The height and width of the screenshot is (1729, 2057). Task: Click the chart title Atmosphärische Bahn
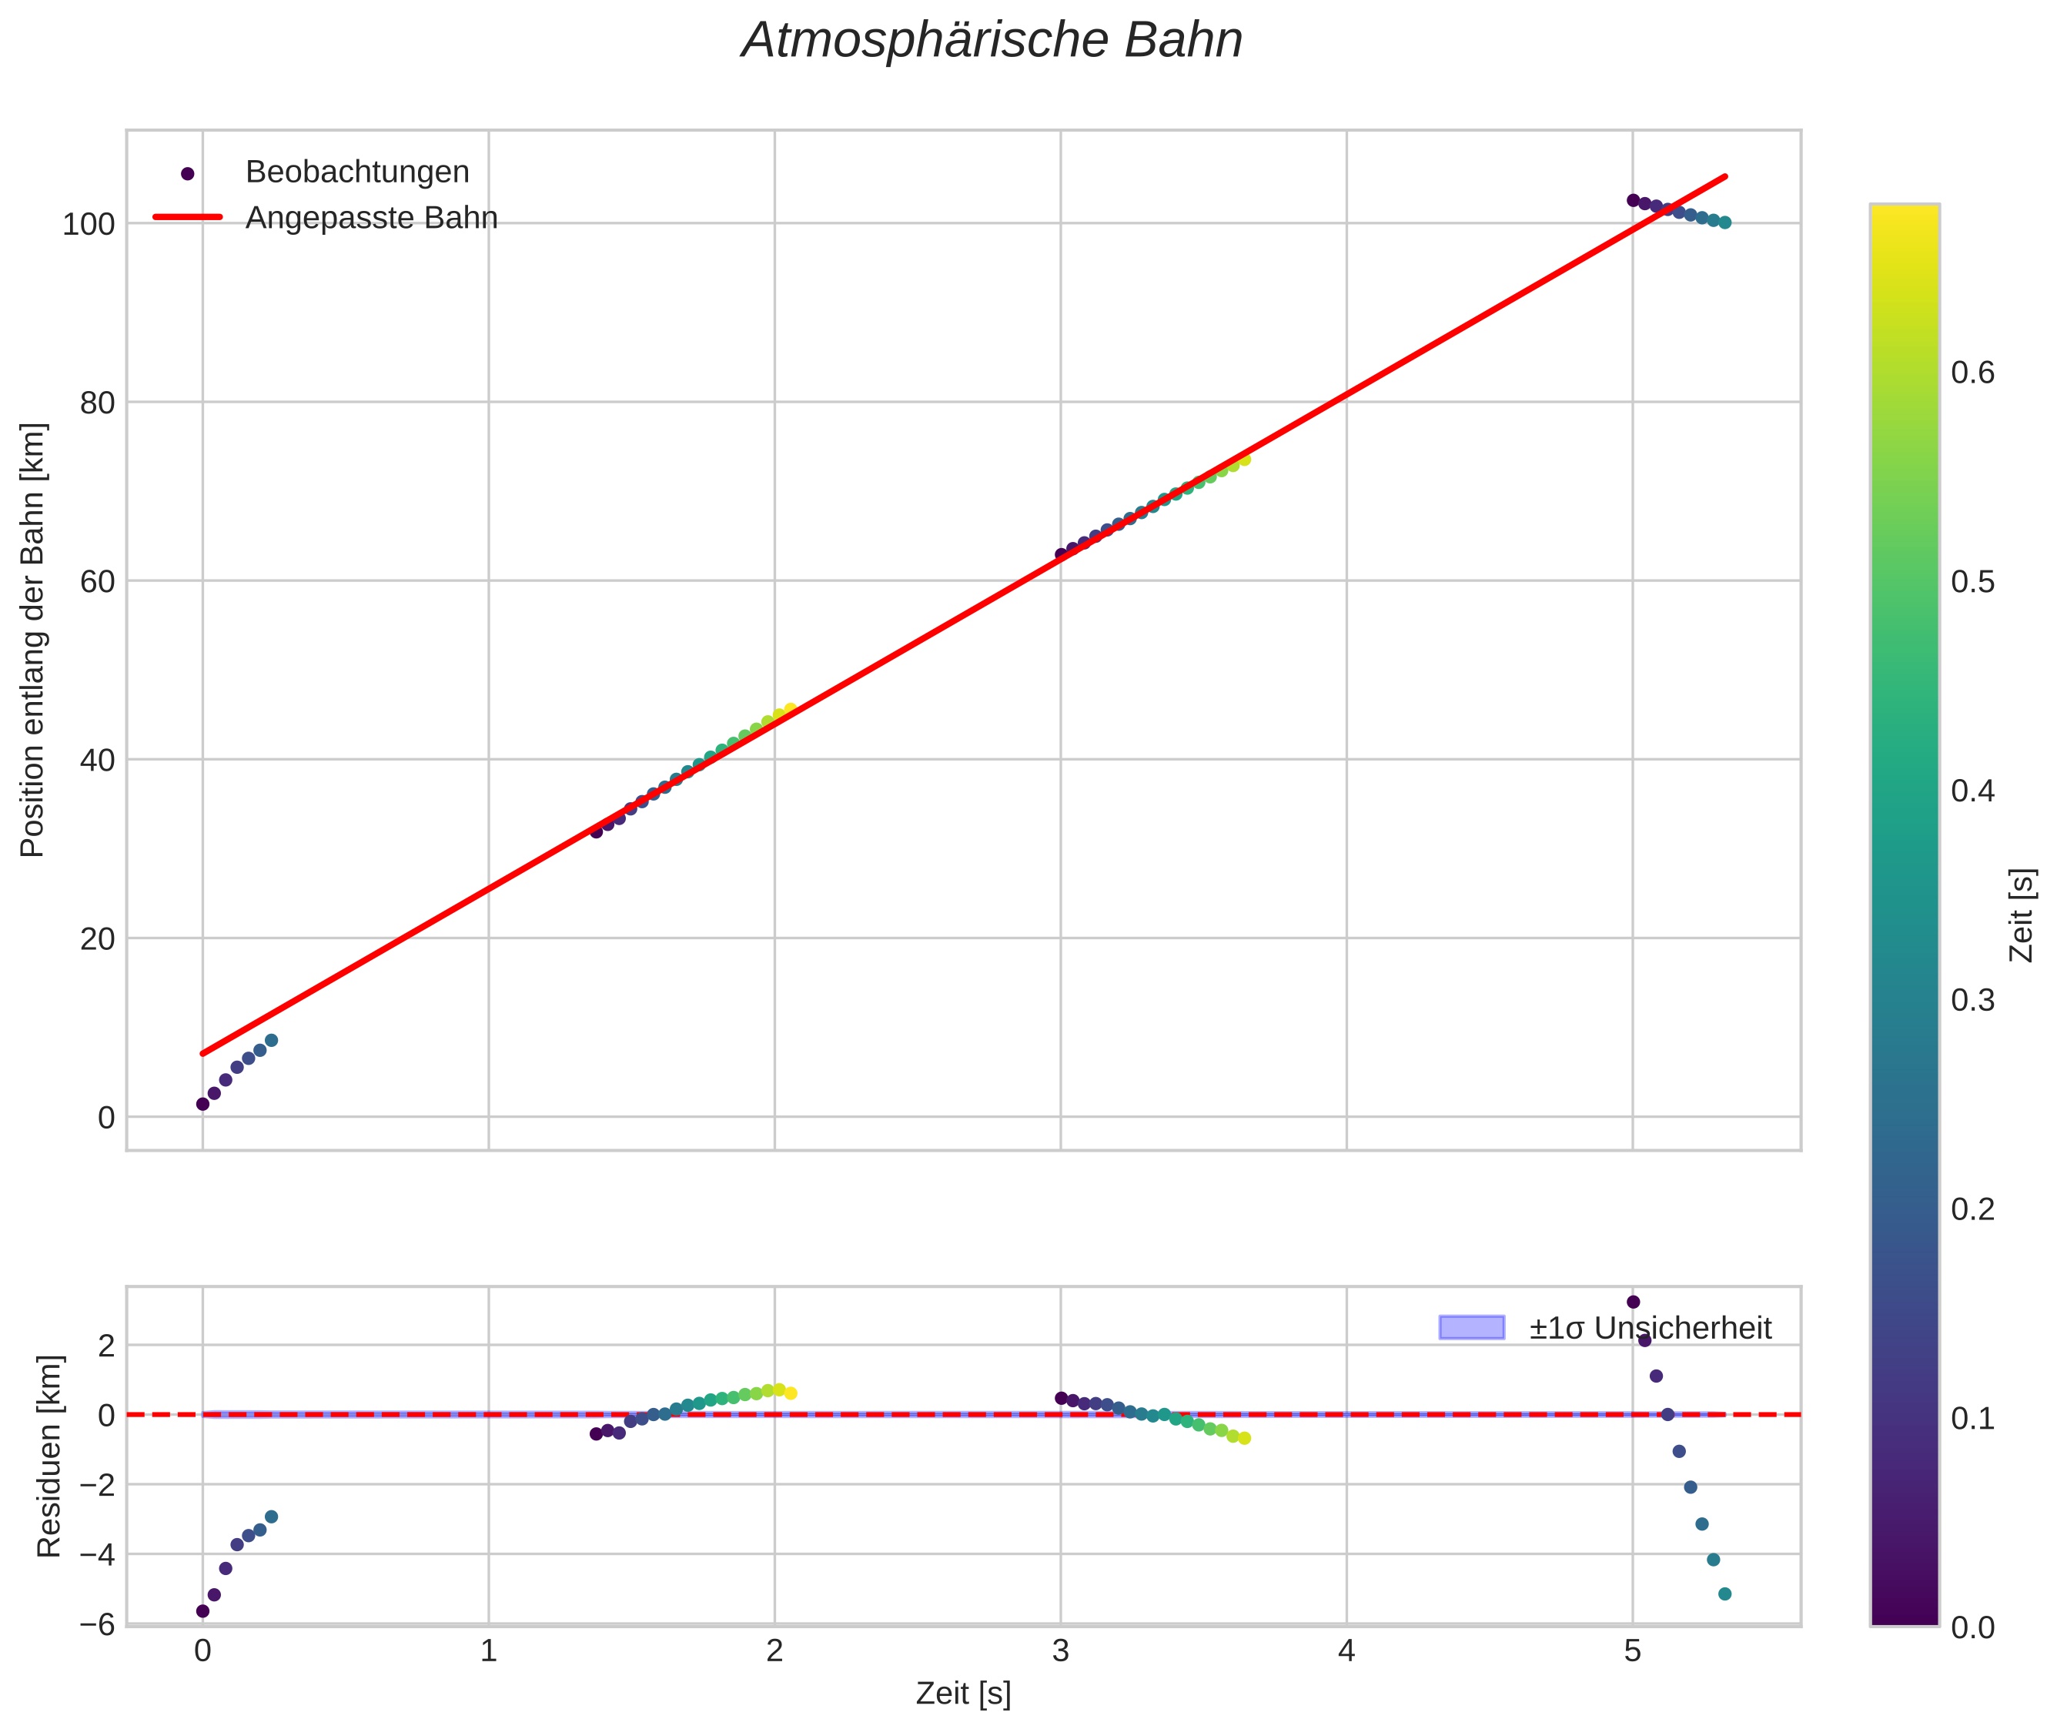tap(992, 41)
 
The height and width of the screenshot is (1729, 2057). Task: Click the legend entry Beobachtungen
tap(356, 172)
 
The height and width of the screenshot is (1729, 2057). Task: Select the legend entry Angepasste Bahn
tap(370, 218)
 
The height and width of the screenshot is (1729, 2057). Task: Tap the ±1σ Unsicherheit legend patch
tap(1471, 1328)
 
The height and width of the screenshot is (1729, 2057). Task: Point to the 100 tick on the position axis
tap(89, 225)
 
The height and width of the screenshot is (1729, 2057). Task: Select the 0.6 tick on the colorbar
tap(1972, 373)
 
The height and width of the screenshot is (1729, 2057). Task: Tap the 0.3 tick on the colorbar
tap(1972, 1000)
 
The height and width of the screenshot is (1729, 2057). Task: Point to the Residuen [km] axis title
tap(49, 1456)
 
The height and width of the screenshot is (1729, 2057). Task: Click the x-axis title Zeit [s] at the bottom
tap(962, 1694)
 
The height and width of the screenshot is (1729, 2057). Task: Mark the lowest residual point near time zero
tap(203, 1610)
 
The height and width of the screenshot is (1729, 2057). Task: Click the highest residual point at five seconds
tap(1633, 1302)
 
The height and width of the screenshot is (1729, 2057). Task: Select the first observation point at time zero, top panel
tap(203, 1104)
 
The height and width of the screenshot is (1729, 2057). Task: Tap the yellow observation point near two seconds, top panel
tap(790, 710)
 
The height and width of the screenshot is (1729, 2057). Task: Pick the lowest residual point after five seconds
tap(1724, 1594)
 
